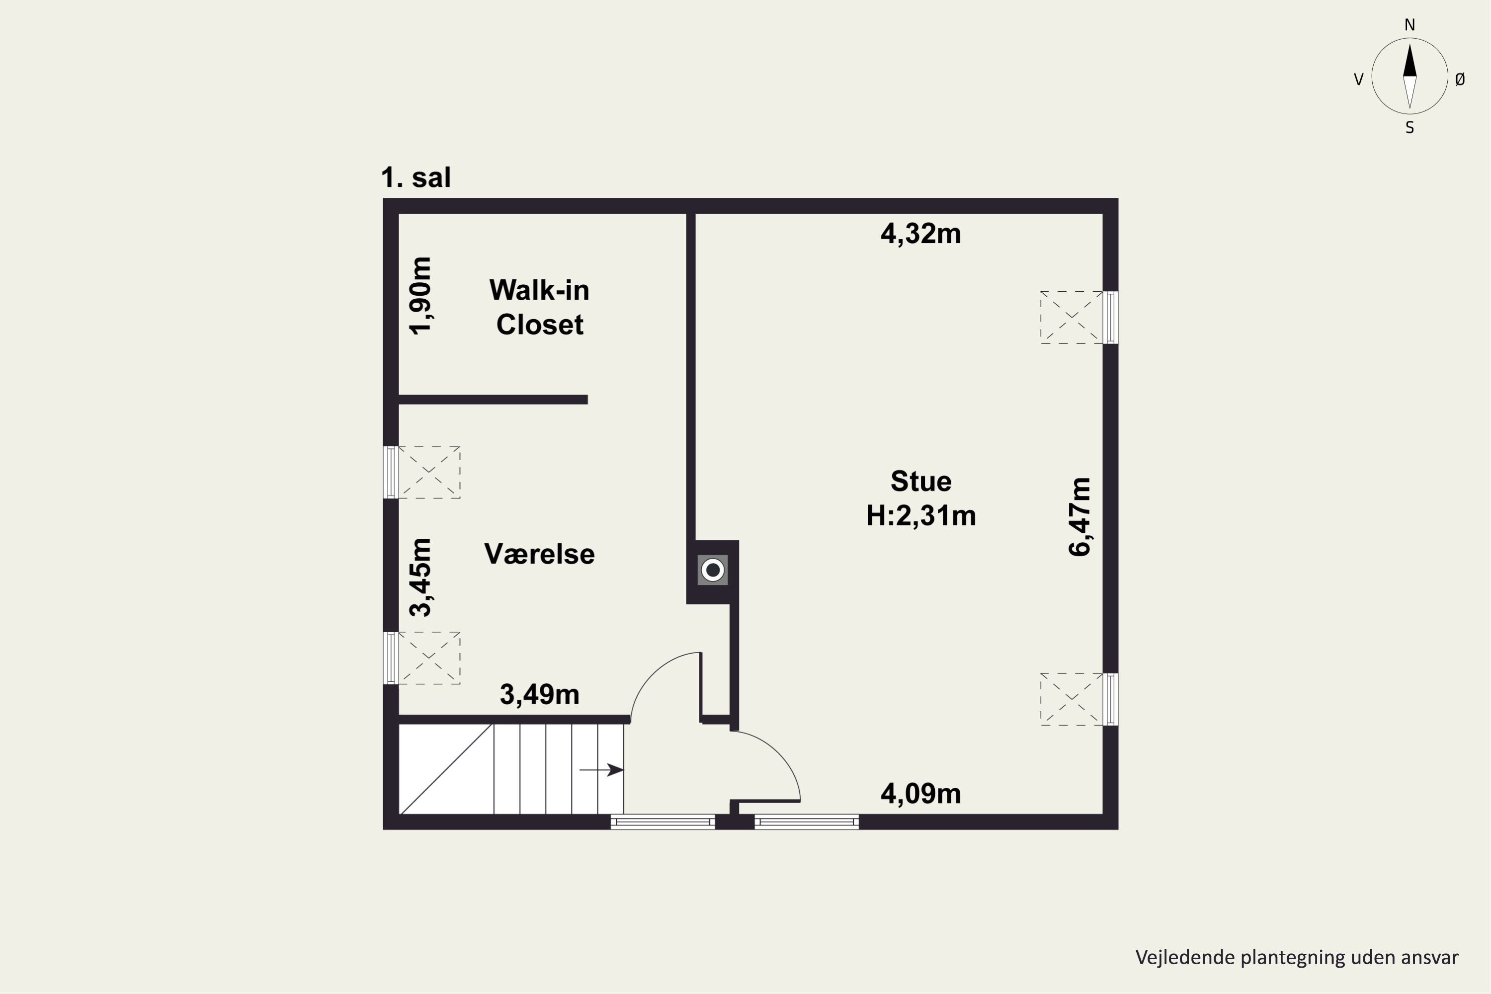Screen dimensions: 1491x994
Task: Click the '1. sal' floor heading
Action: pos(416,177)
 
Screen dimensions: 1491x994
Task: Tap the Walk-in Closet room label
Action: pos(539,308)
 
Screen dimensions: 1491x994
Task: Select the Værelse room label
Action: pos(539,554)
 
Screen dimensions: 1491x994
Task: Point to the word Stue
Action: pos(920,482)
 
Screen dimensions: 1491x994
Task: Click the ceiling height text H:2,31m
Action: pos(920,516)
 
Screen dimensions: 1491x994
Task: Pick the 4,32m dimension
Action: pos(920,234)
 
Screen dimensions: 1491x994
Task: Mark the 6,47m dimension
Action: pos(1079,517)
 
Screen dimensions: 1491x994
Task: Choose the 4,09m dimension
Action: pos(920,794)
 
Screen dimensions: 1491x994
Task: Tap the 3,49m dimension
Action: pos(539,695)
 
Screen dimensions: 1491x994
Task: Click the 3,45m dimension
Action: pos(420,577)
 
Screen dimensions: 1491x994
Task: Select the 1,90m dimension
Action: pos(420,296)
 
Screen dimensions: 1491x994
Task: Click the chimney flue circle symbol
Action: pos(713,570)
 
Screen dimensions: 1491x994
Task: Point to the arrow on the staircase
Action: pos(601,770)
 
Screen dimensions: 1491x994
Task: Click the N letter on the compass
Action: pos(1409,25)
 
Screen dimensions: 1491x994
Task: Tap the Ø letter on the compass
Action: pos(1460,79)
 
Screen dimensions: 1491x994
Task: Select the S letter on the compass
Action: pos(1409,128)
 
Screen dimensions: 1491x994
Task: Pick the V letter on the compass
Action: pos(1358,79)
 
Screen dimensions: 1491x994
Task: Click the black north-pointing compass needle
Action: pos(1409,61)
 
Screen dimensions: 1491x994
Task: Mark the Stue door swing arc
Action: pos(780,754)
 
